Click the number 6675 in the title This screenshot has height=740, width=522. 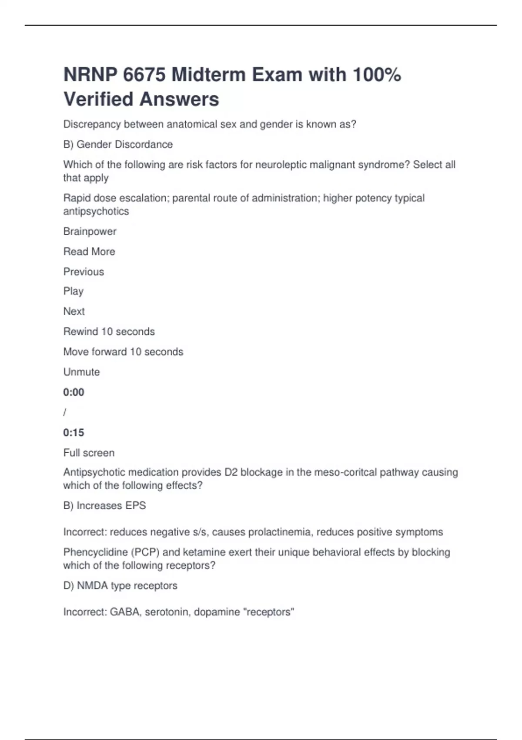144,75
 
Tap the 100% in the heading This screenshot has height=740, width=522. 377,75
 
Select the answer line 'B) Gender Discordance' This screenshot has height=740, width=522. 118,145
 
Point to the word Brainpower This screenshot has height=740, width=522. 90,232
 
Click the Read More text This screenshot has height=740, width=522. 89,252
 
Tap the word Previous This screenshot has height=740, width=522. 84,272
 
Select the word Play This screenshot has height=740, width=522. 73,291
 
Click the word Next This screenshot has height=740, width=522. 74,311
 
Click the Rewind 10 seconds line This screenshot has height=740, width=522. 109,332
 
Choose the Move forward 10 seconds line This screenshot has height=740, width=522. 123,352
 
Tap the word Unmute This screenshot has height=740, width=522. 81,372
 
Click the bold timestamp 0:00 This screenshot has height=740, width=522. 74,392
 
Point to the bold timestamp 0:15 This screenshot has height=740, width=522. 74,433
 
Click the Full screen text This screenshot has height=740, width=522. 89,453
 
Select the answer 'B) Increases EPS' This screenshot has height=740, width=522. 104,506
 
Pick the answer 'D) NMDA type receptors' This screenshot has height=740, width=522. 120,586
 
